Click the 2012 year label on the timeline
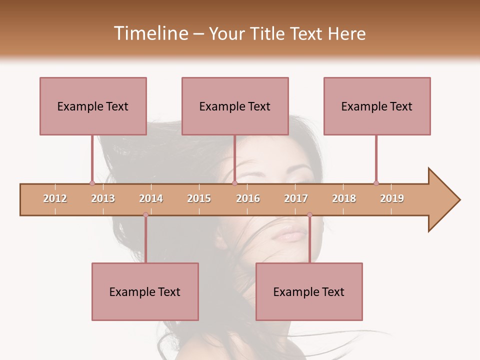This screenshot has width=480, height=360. point(55,198)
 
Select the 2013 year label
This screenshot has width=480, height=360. point(103,198)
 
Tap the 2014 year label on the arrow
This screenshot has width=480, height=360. point(151,198)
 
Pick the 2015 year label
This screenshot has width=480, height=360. point(199,198)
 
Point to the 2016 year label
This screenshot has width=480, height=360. point(248,198)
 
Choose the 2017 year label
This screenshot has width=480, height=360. point(296,198)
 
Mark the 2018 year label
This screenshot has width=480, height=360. point(344,198)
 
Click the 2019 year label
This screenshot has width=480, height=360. point(392,198)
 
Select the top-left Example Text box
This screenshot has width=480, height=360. point(93,106)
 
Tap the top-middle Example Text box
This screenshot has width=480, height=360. point(235,106)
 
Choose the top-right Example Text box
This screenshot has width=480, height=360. point(377,106)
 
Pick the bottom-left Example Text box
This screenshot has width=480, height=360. point(145,291)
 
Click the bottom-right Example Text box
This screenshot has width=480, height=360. point(309,291)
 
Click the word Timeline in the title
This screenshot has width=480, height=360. point(149,33)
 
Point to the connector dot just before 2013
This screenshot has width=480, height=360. point(92,183)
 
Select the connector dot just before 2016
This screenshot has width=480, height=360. point(234,183)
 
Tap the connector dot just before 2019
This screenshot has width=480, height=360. point(376,183)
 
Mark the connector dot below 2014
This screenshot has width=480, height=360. point(145,215)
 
